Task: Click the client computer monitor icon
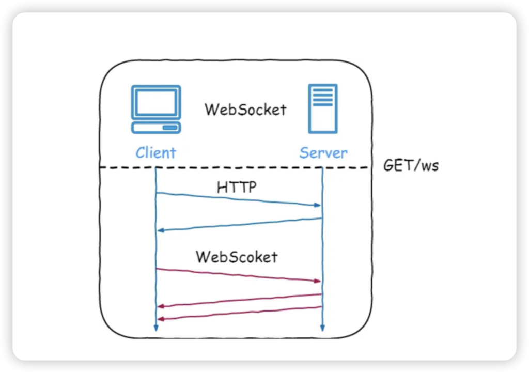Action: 155,102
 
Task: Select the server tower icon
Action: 323,108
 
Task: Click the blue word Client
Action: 155,153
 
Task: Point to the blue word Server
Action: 323,153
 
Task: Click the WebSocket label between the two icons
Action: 245,110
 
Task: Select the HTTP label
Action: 237,188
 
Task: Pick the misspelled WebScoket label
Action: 237,257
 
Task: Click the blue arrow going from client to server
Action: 238,199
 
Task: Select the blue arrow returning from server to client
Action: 238,224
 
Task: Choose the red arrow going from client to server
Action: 238,275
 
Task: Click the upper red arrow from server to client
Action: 238,300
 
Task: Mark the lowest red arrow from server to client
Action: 238,313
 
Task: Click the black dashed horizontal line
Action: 232,167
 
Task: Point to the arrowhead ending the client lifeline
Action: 155,327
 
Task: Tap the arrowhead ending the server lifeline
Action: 322,327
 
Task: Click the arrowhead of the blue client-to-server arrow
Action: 317,205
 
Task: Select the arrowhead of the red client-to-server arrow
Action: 317,281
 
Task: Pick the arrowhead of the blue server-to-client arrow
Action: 161,230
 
